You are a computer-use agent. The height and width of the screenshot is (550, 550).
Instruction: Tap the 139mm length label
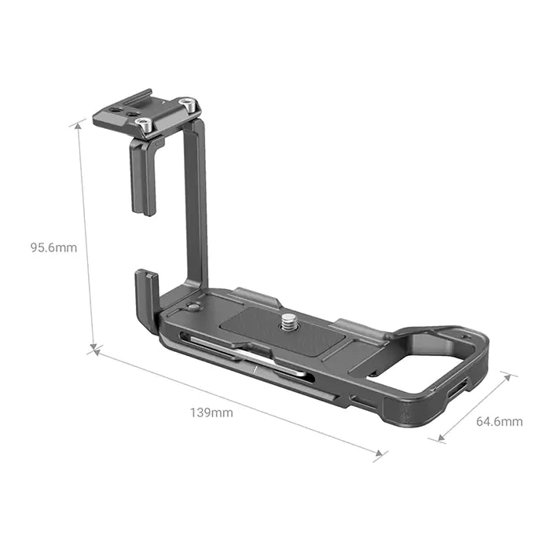click(x=211, y=412)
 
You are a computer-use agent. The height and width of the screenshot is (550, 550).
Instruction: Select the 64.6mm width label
click(x=499, y=421)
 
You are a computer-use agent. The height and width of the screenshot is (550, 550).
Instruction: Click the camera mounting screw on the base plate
click(x=288, y=321)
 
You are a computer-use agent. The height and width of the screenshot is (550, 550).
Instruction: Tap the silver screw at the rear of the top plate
click(x=186, y=103)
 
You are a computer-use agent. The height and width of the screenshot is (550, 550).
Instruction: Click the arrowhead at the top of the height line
click(x=79, y=123)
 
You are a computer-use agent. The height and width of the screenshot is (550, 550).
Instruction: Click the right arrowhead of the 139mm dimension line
click(x=382, y=453)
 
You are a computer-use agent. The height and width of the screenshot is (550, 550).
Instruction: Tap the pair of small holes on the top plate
click(x=118, y=112)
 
